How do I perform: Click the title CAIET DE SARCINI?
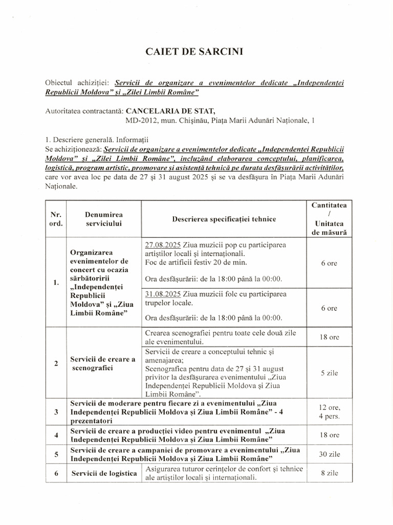click(196, 51)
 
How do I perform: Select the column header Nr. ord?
click(56, 219)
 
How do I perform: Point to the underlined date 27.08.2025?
click(162, 245)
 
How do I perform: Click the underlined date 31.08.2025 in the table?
click(162, 294)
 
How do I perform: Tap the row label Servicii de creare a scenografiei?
click(103, 364)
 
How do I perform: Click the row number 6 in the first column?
click(56, 473)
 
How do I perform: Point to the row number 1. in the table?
click(56, 283)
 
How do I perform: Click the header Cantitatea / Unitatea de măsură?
click(329, 218)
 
